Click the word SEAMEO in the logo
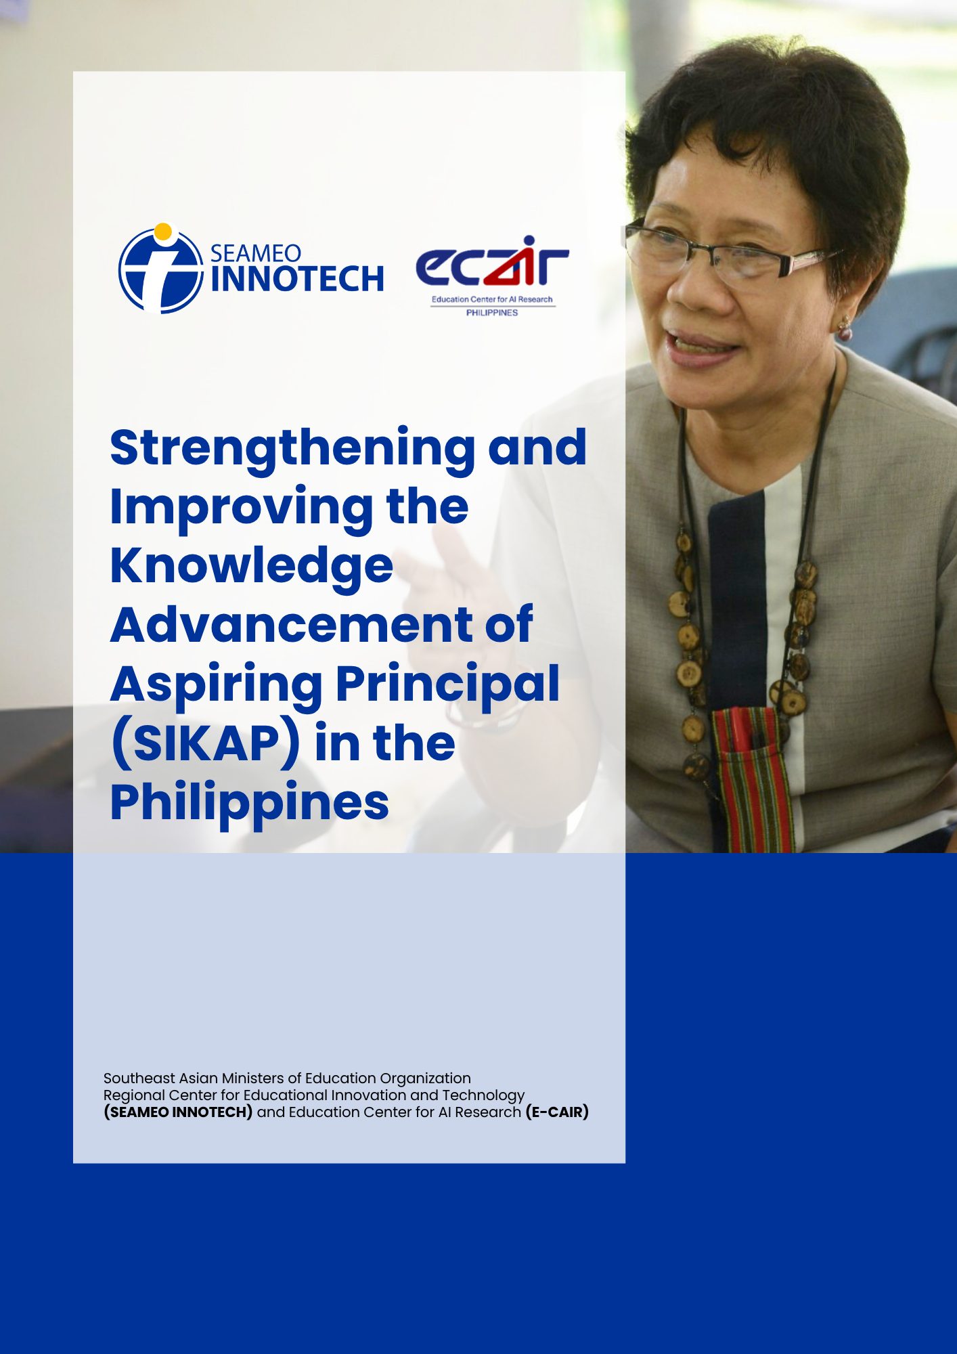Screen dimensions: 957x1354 coord(256,253)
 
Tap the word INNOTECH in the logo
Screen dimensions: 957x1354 coord(297,279)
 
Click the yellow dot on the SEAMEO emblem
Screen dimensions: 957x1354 coord(162,232)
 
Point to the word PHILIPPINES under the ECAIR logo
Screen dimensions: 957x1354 coord(492,313)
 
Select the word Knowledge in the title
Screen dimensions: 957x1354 coord(252,566)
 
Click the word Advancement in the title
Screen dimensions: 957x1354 coord(293,624)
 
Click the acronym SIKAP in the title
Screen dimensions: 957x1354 coord(206,743)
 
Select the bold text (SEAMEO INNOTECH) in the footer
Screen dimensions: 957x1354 coord(178,1112)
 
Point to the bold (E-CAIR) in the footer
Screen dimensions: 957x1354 coord(557,1112)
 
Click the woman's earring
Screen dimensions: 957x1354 coord(845,329)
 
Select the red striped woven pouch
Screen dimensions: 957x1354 coord(751,779)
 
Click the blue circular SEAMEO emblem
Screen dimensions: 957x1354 coord(161,269)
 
